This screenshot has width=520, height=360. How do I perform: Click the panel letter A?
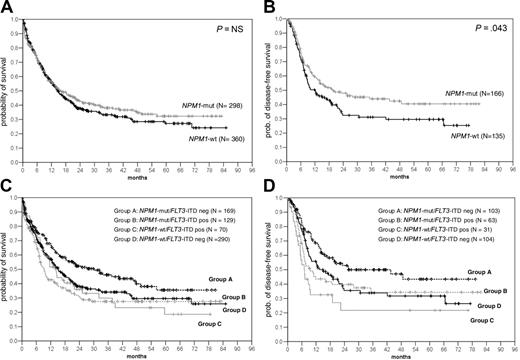pos(8,8)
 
